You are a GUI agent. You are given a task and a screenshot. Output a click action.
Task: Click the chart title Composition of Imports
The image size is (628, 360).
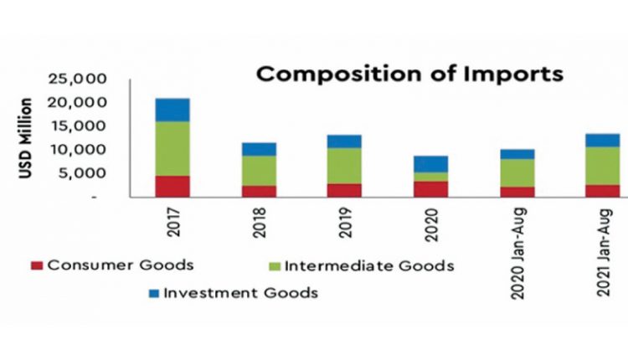(409, 74)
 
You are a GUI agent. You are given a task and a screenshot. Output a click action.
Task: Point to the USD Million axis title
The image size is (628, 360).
(26, 138)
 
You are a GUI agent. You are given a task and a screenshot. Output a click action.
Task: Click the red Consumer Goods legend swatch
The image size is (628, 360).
(36, 265)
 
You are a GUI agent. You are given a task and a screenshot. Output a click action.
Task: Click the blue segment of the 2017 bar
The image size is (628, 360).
(172, 110)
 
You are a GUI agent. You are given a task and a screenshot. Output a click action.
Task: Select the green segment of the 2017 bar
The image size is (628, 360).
(172, 148)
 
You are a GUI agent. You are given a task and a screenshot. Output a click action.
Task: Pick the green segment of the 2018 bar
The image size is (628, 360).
(259, 170)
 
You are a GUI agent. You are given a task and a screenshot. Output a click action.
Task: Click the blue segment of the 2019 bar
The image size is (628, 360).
(344, 141)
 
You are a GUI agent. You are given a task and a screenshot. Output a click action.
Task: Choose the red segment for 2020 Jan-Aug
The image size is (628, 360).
(517, 192)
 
